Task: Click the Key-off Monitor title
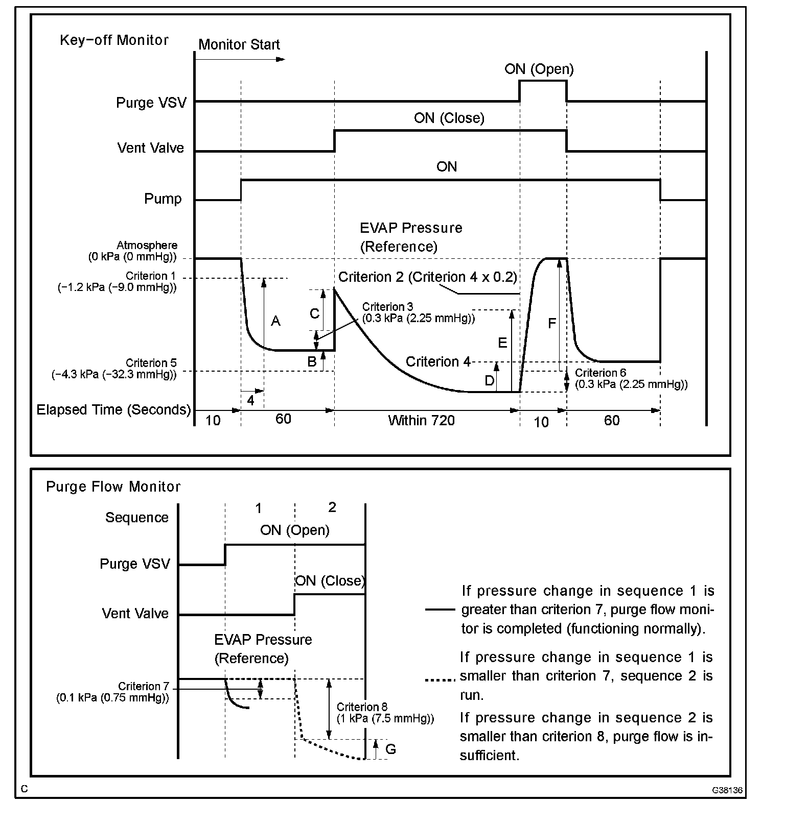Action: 114,40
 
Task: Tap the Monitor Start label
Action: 239,45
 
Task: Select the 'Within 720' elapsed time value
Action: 421,420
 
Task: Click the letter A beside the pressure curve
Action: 275,321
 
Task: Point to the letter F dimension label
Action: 552,323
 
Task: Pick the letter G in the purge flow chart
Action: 390,749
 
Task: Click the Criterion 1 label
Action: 150,276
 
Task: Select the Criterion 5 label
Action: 151,363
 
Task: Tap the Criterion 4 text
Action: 438,362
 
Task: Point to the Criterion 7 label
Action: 143,686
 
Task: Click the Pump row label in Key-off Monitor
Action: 163,199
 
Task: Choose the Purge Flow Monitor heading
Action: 113,487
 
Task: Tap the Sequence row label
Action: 136,518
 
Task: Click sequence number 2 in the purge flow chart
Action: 332,507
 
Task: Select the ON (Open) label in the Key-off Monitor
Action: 539,69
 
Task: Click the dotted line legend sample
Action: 440,679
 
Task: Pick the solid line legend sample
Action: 440,609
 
